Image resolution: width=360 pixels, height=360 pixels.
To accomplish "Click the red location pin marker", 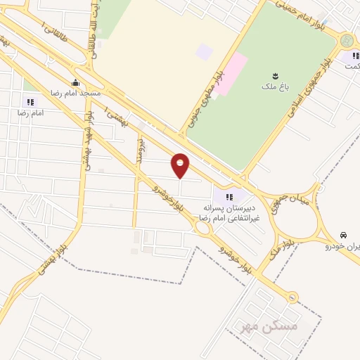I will [x=181, y=165].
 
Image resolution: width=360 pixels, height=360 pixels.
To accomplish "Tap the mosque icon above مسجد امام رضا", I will [x=75, y=82].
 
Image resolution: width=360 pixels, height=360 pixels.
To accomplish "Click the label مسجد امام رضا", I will [x=76, y=93].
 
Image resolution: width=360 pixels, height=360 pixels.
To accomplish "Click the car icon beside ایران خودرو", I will [x=342, y=234].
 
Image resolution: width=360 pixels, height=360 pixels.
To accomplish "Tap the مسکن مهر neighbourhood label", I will [x=269, y=327].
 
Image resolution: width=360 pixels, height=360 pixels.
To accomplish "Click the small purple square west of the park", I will [x=204, y=51].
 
